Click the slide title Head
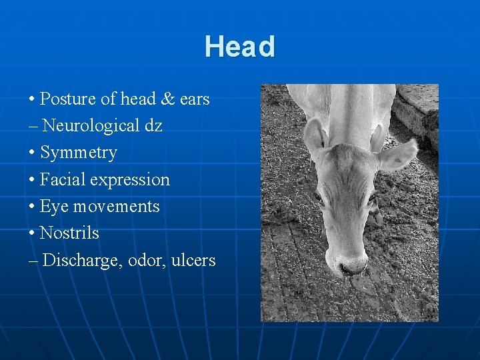click(x=239, y=47)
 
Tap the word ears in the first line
click(x=195, y=99)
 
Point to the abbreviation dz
click(x=153, y=126)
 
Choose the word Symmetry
click(x=78, y=153)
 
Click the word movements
click(x=116, y=207)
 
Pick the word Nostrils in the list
click(x=69, y=233)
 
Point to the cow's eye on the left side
click(x=319, y=198)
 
